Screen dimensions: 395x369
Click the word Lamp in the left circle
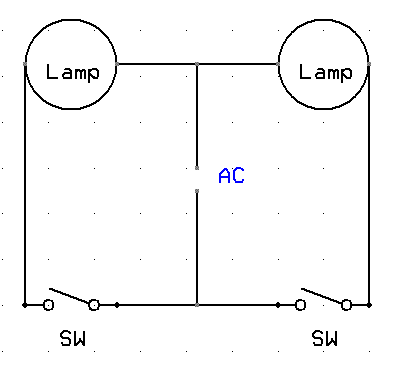pos(73,73)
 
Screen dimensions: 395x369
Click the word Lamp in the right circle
pos(325,73)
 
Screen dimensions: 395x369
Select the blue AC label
pos(232,176)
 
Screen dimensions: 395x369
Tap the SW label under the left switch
pos(73,338)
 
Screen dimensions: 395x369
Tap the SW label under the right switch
pos(325,338)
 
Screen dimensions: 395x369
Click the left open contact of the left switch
pos(48,305)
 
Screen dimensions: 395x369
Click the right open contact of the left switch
pos(94,305)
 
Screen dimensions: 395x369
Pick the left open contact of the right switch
pos(300,305)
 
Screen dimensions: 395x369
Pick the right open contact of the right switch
pos(346,305)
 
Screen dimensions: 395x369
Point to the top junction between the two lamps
pos(197,64)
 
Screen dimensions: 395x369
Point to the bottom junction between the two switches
pos(197,305)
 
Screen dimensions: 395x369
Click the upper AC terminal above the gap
pos(197,168)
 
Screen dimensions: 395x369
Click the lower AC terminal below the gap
pos(197,191)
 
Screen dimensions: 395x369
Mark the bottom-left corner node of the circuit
pos(24,305)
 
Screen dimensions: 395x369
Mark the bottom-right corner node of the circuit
pos(369,305)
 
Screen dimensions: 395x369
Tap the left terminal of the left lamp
pos(25,64)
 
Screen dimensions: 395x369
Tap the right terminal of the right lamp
pos(369,64)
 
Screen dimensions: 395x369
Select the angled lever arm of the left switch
pos(70,296)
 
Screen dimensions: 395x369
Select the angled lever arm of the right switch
pos(322,296)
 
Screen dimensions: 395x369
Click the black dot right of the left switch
pos(117,305)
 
